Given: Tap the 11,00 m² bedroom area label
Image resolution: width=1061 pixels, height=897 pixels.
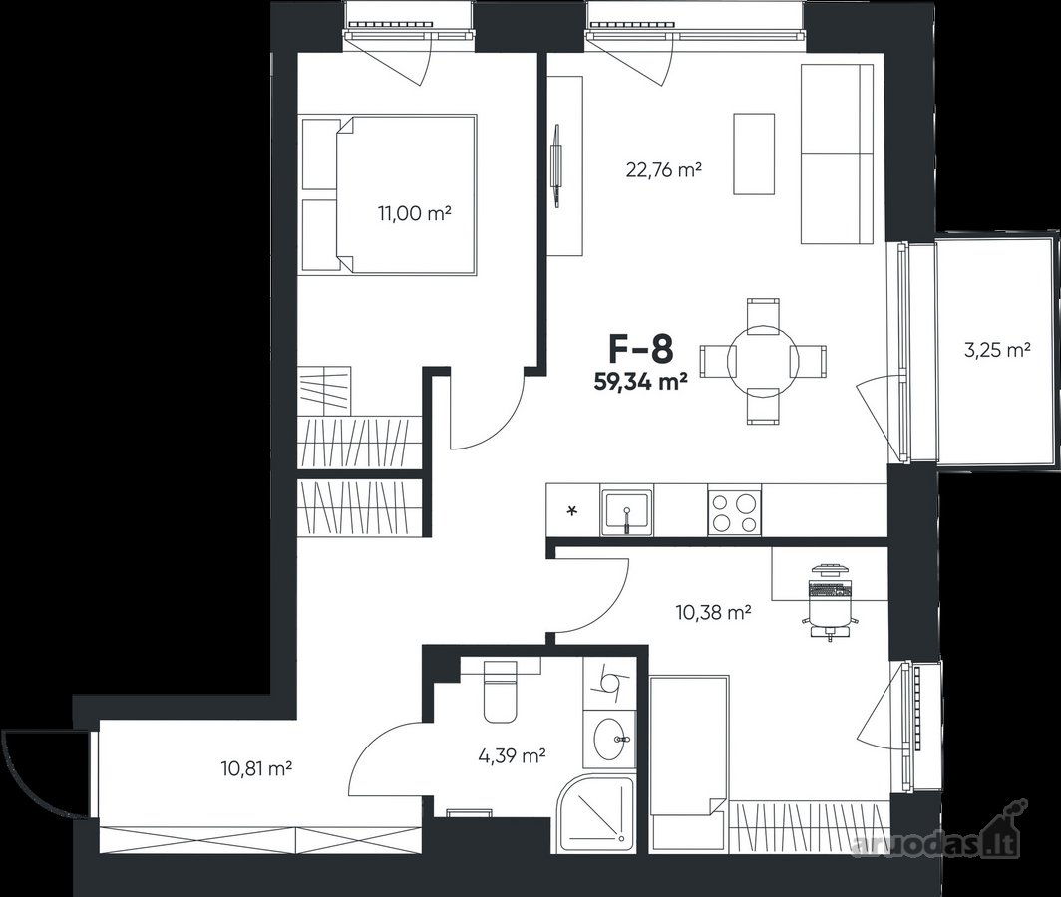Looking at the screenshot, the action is tap(415, 214).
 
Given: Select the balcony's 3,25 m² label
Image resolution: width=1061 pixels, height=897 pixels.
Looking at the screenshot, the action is tap(997, 350).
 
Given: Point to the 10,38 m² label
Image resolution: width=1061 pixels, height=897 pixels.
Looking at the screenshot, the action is tap(714, 613).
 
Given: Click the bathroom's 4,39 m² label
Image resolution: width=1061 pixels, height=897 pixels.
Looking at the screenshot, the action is tap(513, 756).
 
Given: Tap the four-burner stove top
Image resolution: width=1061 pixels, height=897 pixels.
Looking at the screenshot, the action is tap(734, 512).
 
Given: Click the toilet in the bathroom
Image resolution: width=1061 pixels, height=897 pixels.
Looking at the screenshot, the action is tap(500, 691).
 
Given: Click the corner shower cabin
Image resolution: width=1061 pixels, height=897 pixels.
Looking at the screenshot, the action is tap(597, 816).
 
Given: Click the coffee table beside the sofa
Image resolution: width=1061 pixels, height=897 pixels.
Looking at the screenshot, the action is tap(754, 153).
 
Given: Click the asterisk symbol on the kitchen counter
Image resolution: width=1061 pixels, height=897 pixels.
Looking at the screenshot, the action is tap(573, 510).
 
